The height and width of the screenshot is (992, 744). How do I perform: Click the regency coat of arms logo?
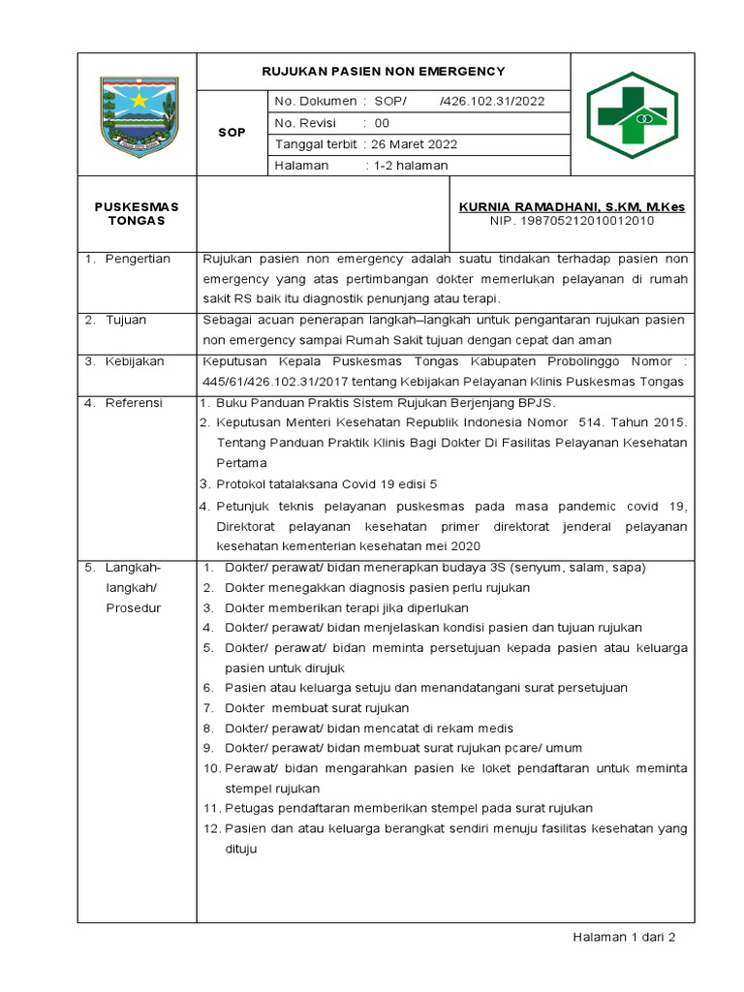point(139,116)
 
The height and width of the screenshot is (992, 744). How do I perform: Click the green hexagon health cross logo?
point(632,114)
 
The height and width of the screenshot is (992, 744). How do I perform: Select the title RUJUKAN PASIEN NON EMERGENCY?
point(384,72)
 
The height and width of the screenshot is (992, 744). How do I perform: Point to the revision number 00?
point(382,123)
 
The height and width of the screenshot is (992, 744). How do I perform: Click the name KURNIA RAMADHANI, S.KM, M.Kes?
point(572,207)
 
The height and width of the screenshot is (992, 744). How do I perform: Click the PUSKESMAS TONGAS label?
point(137,213)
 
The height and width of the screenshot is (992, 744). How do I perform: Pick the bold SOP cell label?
point(232,132)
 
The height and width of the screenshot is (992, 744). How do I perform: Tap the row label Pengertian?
point(139,259)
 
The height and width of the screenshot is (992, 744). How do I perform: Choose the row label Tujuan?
point(127,320)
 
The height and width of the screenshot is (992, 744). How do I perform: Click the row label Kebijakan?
point(136,361)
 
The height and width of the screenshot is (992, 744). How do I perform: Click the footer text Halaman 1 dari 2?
point(624,938)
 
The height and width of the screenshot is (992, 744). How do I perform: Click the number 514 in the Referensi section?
point(592,422)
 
